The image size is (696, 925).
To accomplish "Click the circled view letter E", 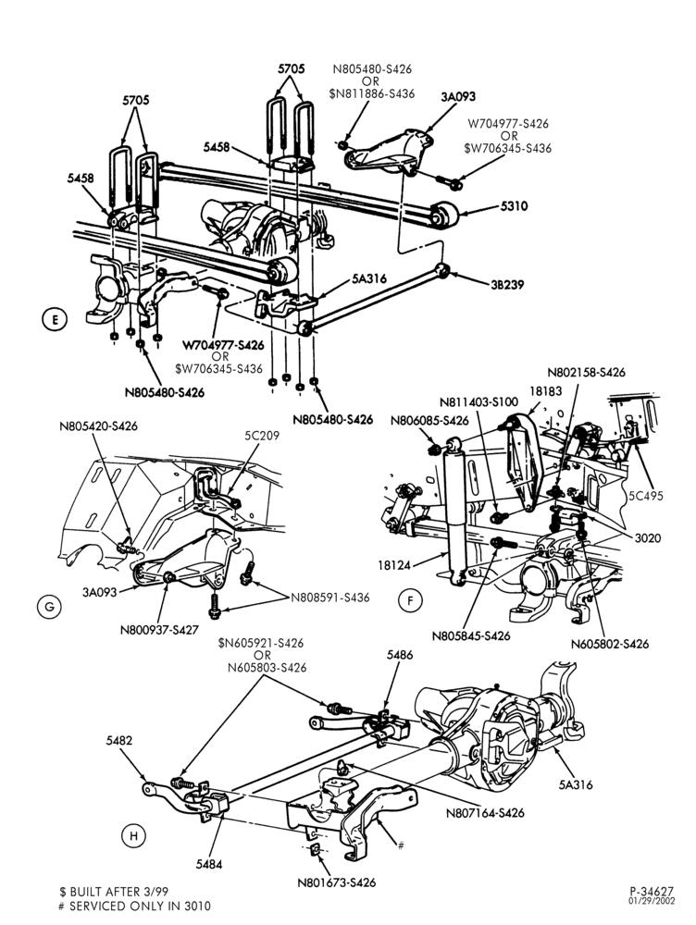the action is (x=55, y=320).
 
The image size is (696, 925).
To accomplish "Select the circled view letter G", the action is (x=49, y=607).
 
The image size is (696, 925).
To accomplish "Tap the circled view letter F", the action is (x=410, y=601).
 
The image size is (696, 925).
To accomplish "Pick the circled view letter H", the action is (x=134, y=835).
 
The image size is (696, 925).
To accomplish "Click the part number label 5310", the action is (x=515, y=206).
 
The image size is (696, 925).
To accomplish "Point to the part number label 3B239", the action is (x=507, y=284).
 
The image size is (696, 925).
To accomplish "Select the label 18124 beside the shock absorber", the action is (x=394, y=565).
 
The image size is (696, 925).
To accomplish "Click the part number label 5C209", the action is (x=262, y=436).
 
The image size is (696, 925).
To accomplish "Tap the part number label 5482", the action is (x=119, y=741).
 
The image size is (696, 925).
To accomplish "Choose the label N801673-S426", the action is (x=337, y=882).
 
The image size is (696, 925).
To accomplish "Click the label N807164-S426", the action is (x=485, y=813).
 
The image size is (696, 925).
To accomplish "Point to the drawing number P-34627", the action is (x=652, y=892).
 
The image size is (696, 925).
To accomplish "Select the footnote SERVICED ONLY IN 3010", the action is (x=140, y=906).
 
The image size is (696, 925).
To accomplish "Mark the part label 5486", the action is (x=400, y=655).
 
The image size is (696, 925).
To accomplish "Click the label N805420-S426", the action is (x=99, y=425).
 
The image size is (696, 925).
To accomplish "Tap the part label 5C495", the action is (x=645, y=496).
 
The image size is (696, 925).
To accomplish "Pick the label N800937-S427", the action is (x=159, y=630).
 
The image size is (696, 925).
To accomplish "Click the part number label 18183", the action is (x=545, y=391).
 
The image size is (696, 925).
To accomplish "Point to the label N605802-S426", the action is (x=610, y=644).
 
